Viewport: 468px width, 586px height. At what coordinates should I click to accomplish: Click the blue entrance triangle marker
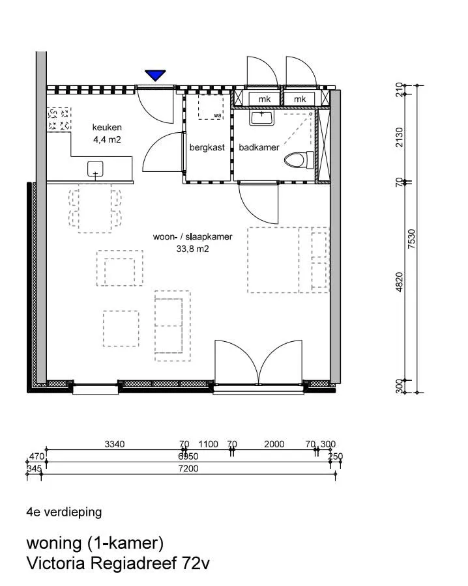coord(155,75)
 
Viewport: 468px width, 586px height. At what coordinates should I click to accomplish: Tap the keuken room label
coord(107,128)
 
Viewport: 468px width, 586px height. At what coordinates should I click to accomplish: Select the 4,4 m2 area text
coord(107,140)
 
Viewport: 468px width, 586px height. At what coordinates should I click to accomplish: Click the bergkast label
coord(207,148)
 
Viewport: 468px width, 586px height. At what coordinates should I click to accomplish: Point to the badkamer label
coord(259,148)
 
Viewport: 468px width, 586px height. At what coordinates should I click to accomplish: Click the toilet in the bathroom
coord(299,160)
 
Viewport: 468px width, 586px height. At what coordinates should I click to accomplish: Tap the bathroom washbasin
coord(262,117)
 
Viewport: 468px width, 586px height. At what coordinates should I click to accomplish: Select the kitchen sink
coord(95,169)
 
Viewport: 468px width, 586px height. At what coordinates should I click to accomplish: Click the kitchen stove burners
coord(59,119)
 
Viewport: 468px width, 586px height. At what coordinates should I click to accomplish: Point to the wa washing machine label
coord(217,115)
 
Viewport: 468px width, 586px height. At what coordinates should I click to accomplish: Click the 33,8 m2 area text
coord(193,249)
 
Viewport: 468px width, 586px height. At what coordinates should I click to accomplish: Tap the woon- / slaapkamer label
coord(193,237)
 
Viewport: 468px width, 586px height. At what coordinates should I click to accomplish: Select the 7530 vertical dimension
coord(411,238)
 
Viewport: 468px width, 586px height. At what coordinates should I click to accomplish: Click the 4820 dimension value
coord(400,282)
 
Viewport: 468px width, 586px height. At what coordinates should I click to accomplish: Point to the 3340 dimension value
coord(115,444)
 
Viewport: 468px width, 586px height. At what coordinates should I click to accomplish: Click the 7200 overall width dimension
coord(188,469)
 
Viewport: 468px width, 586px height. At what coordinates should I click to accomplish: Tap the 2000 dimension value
coord(274,444)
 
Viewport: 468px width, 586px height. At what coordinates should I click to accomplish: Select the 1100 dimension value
coord(208,444)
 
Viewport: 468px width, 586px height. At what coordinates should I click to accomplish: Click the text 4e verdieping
coord(64,512)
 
